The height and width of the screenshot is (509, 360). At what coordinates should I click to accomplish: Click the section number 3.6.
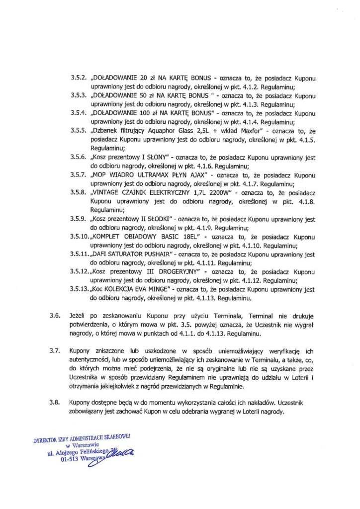click(55, 316)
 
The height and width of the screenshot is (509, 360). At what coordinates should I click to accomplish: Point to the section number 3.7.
click(55, 351)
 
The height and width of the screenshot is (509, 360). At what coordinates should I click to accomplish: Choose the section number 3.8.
click(55, 400)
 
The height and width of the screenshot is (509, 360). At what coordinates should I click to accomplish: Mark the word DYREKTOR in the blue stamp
click(46, 439)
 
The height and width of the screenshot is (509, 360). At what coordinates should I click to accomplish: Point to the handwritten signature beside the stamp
click(123, 452)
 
